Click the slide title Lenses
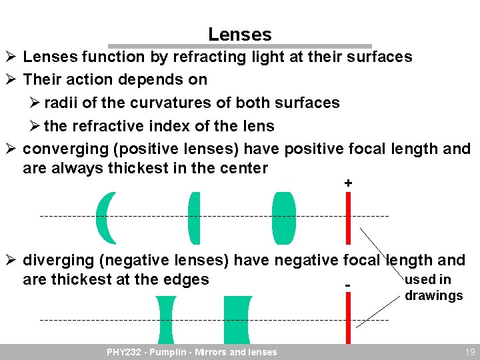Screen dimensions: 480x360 tap(239, 34)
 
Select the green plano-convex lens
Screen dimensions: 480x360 tap(195, 218)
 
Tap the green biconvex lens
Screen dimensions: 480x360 tap(283, 218)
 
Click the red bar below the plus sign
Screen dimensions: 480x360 tap(348, 218)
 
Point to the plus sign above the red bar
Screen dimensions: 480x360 tap(348, 183)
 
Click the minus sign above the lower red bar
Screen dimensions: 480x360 tap(348, 286)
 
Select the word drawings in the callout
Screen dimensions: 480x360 tap(433, 295)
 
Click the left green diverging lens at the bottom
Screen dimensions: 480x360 tap(165, 319)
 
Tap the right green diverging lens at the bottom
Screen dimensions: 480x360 tap(237, 319)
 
